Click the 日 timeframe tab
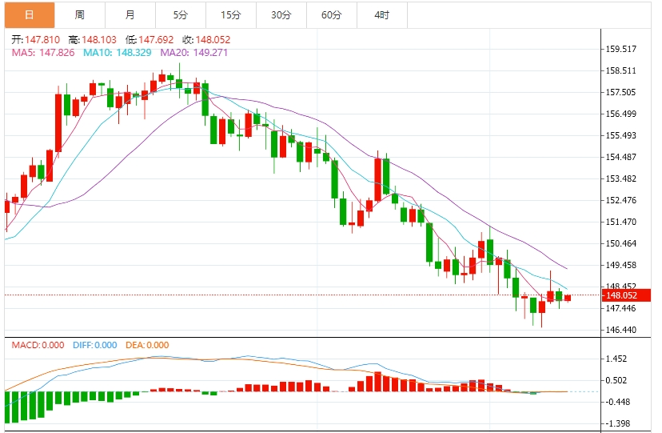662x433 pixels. click(x=29, y=14)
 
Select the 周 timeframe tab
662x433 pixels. click(x=79, y=14)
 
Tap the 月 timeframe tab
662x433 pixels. click(x=130, y=14)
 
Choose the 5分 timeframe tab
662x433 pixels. click(x=181, y=14)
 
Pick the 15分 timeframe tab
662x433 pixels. click(x=230, y=14)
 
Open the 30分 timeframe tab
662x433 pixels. click(x=281, y=14)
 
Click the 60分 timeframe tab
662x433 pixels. click(x=331, y=14)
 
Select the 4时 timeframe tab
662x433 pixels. click(x=381, y=14)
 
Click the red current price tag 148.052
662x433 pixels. click(x=620, y=295)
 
